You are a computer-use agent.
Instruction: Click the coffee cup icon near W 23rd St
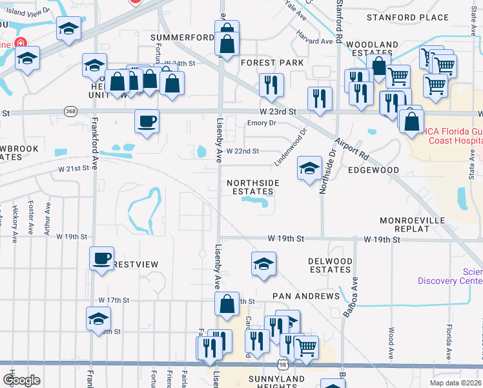click(147, 120)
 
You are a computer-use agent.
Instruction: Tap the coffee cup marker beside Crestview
click(101, 258)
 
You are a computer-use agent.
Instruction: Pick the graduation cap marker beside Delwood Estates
click(263, 263)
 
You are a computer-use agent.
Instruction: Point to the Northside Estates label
click(252, 187)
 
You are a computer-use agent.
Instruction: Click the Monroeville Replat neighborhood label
click(430, 225)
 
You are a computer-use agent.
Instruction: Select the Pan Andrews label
click(305, 296)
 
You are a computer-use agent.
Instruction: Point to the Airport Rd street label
click(351, 149)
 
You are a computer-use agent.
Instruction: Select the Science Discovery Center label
click(449, 276)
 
